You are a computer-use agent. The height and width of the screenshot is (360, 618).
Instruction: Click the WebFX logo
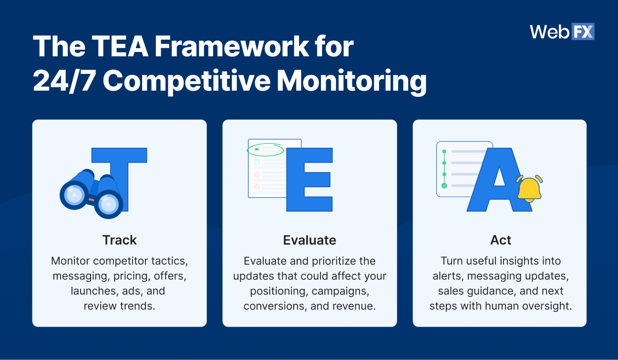562,31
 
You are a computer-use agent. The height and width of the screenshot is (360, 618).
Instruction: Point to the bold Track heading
120,240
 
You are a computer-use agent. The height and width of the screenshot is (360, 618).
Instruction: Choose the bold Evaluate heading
309,240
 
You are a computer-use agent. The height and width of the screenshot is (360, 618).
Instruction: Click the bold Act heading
500,240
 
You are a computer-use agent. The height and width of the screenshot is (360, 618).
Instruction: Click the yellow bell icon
529,189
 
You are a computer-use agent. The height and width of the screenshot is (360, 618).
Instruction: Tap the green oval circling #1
265,150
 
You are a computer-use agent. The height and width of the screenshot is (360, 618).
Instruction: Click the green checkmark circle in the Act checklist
444,185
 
